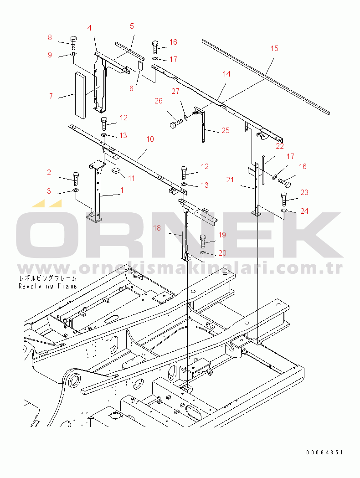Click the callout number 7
click(51, 96)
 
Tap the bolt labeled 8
click(73, 41)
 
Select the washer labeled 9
click(73, 55)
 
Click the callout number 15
click(274, 48)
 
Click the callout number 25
click(226, 131)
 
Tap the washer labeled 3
click(76, 190)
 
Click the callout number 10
click(150, 139)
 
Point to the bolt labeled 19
click(204, 240)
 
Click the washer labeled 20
click(203, 252)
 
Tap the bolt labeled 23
click(284, 198)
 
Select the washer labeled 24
click(284, 211)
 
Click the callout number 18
click(157, 227)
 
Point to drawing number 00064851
click(324, 452)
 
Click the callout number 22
click(279, 146)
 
